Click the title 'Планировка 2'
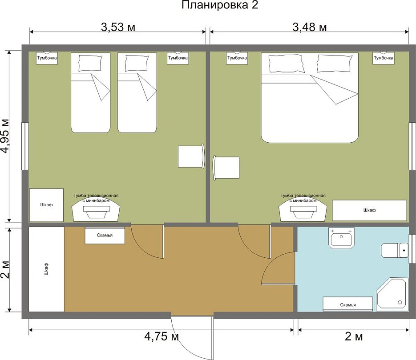tap(220, 5)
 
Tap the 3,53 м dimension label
tap(118, 27)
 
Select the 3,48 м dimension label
tap(310, 27)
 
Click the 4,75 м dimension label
tap(162, 336)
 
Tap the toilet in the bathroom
tap(395, 250)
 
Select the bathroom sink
tap(341, 238)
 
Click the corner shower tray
tap(392, 294)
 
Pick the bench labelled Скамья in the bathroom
tap(348, 304)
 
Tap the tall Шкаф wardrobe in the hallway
tap(46, 269)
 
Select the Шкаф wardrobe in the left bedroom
tap(46, 205)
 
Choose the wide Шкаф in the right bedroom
tap(369, 210)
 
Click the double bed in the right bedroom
tap(310, 97)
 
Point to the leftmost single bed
tap(90, 92)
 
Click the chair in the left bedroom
tap(191, 156)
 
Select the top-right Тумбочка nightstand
tap(384, 58)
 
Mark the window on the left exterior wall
tap(25, 146)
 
